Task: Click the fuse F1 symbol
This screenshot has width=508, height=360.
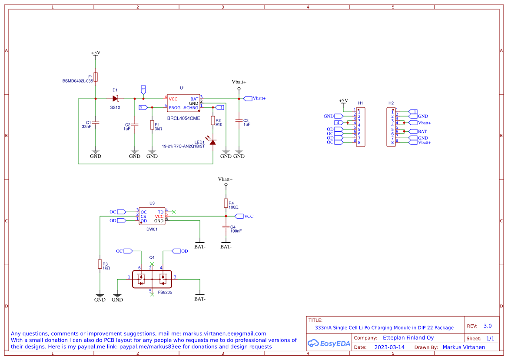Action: [x=96, y=77]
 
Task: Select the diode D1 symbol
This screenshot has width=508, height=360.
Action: [x=115, y=99]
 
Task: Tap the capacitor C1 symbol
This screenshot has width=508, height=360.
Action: [x=96, y=123]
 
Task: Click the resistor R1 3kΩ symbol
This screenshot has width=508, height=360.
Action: [x=152, y=125]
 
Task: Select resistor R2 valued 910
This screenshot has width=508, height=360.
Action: [x=212, y=121]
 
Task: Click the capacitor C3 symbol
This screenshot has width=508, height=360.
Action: [x=239, y=120]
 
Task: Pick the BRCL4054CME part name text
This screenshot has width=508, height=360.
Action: [x=183, y=118]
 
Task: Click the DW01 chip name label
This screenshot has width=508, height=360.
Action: [x=152, y=229]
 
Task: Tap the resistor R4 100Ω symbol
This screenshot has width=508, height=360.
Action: [x=226, y=203]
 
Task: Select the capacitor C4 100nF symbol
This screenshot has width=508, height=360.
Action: [x=226, y=227]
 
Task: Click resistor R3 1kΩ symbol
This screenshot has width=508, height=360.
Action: [x=100, y=264]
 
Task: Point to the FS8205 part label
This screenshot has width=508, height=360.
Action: [x=165, y=293]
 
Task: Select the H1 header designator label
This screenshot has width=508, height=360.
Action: [x=360, y=103]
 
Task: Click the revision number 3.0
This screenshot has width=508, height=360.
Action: [x=488, y=326]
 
